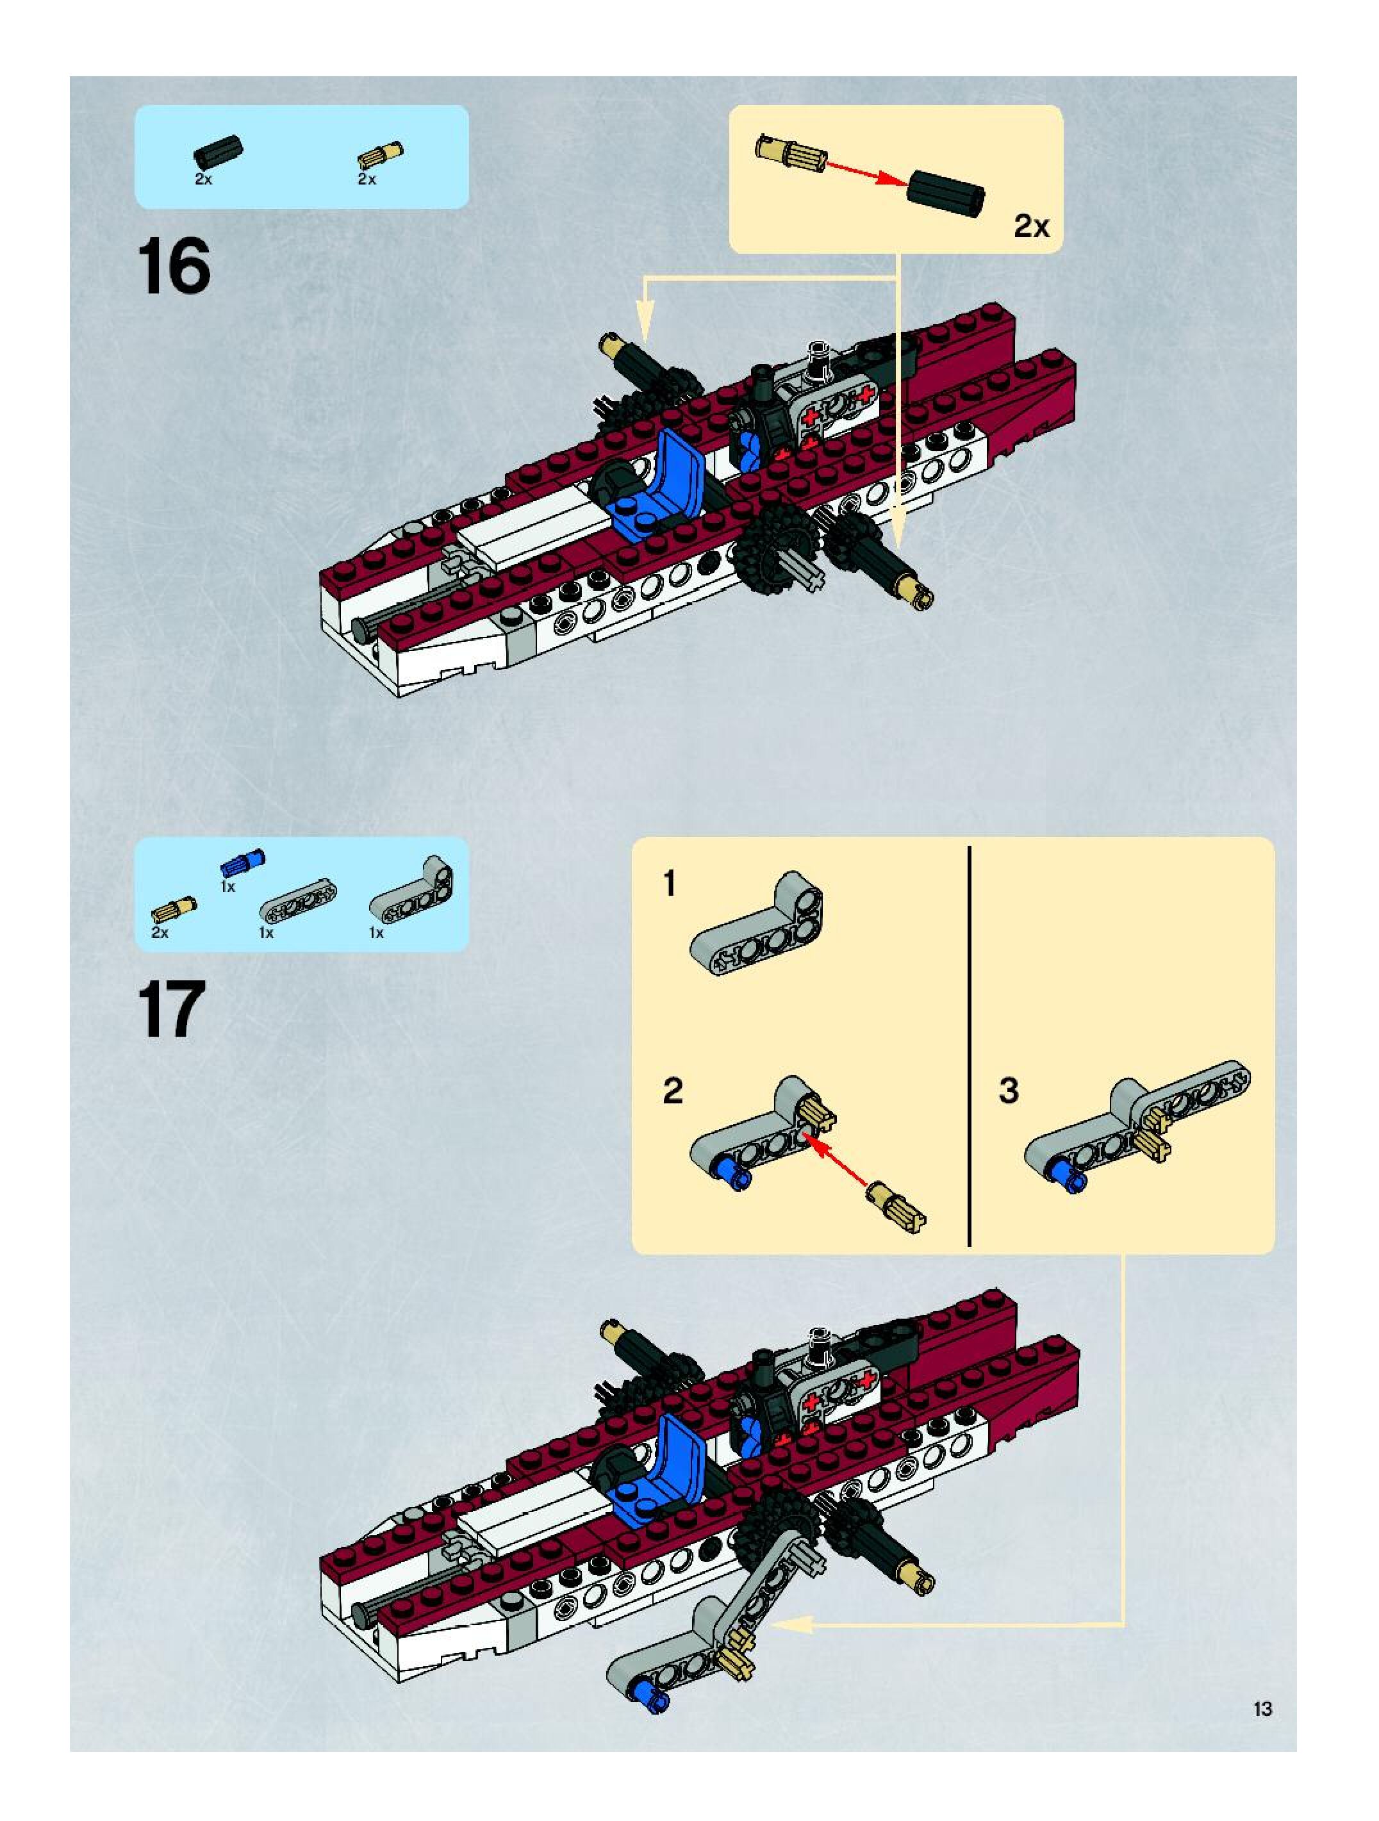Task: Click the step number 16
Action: [x=174, y=266]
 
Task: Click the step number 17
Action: [x=171, y=1009]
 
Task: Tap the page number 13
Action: [x=1262, y=1708]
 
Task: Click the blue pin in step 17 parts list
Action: [x=242, y=862]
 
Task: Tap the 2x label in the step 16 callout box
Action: [x=1031, y=226]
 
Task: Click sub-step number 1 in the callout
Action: [x=670, y=884]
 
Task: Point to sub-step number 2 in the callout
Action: [x=673, y=1091]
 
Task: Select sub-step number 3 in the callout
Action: [x=1009, y=1091]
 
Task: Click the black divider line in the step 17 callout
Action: [x=970, y=1046]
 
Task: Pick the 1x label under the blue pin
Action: [x=228, y=887]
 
